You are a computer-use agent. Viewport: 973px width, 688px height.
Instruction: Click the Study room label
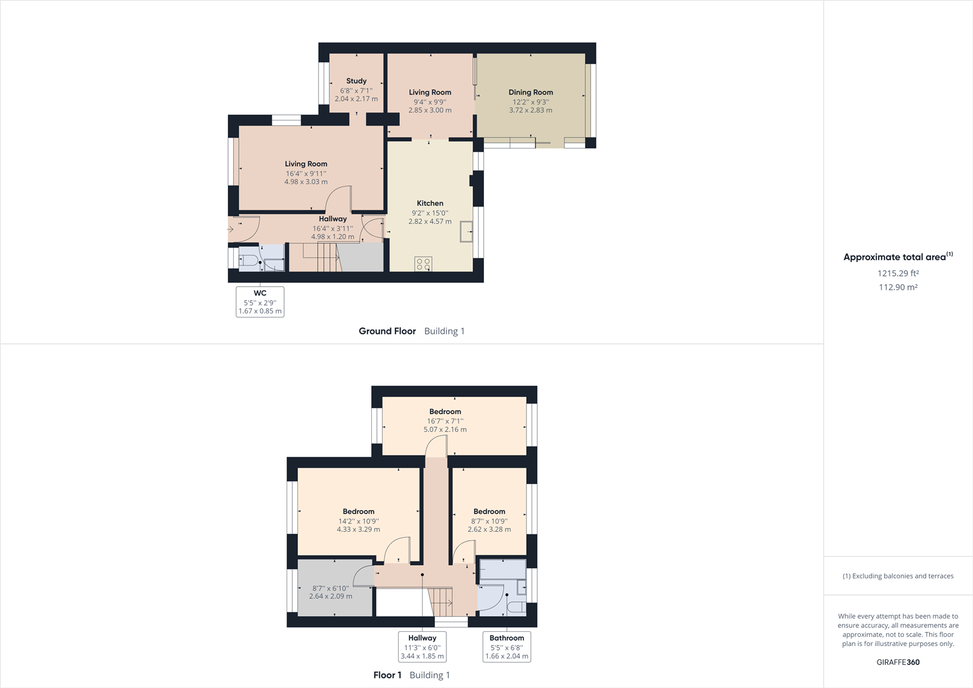[356, 81]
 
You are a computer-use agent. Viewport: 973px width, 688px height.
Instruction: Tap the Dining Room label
[530, 92]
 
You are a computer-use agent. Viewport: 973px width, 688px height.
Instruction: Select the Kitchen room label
[430, 203]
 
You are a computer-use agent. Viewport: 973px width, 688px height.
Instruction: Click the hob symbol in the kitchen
[423, 263]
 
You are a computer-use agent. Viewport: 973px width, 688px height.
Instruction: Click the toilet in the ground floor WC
[249, 261]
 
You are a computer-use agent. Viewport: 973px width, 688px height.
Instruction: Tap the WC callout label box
[260, 301]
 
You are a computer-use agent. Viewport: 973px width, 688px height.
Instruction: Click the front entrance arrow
[230, 229]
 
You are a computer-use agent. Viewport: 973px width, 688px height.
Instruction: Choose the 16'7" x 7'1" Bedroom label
[445, 412]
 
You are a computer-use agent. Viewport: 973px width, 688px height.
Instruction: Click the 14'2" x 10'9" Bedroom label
[359, 512]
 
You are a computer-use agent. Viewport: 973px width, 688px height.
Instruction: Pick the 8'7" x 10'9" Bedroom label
[489, 512]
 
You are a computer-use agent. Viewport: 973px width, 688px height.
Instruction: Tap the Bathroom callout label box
[507, 647]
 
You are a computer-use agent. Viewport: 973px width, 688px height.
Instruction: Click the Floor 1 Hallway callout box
[422, 647]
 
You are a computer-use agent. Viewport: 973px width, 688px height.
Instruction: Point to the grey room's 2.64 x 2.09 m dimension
[330, 596]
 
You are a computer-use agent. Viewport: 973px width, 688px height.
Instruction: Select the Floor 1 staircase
[441, 602]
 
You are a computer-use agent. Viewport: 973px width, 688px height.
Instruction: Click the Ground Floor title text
[387, 331]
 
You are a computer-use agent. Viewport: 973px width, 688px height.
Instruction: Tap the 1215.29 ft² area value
[898, 273]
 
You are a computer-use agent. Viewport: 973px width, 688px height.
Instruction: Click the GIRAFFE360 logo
[898, 662]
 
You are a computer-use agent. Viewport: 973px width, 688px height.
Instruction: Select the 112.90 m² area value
[898, 287]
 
